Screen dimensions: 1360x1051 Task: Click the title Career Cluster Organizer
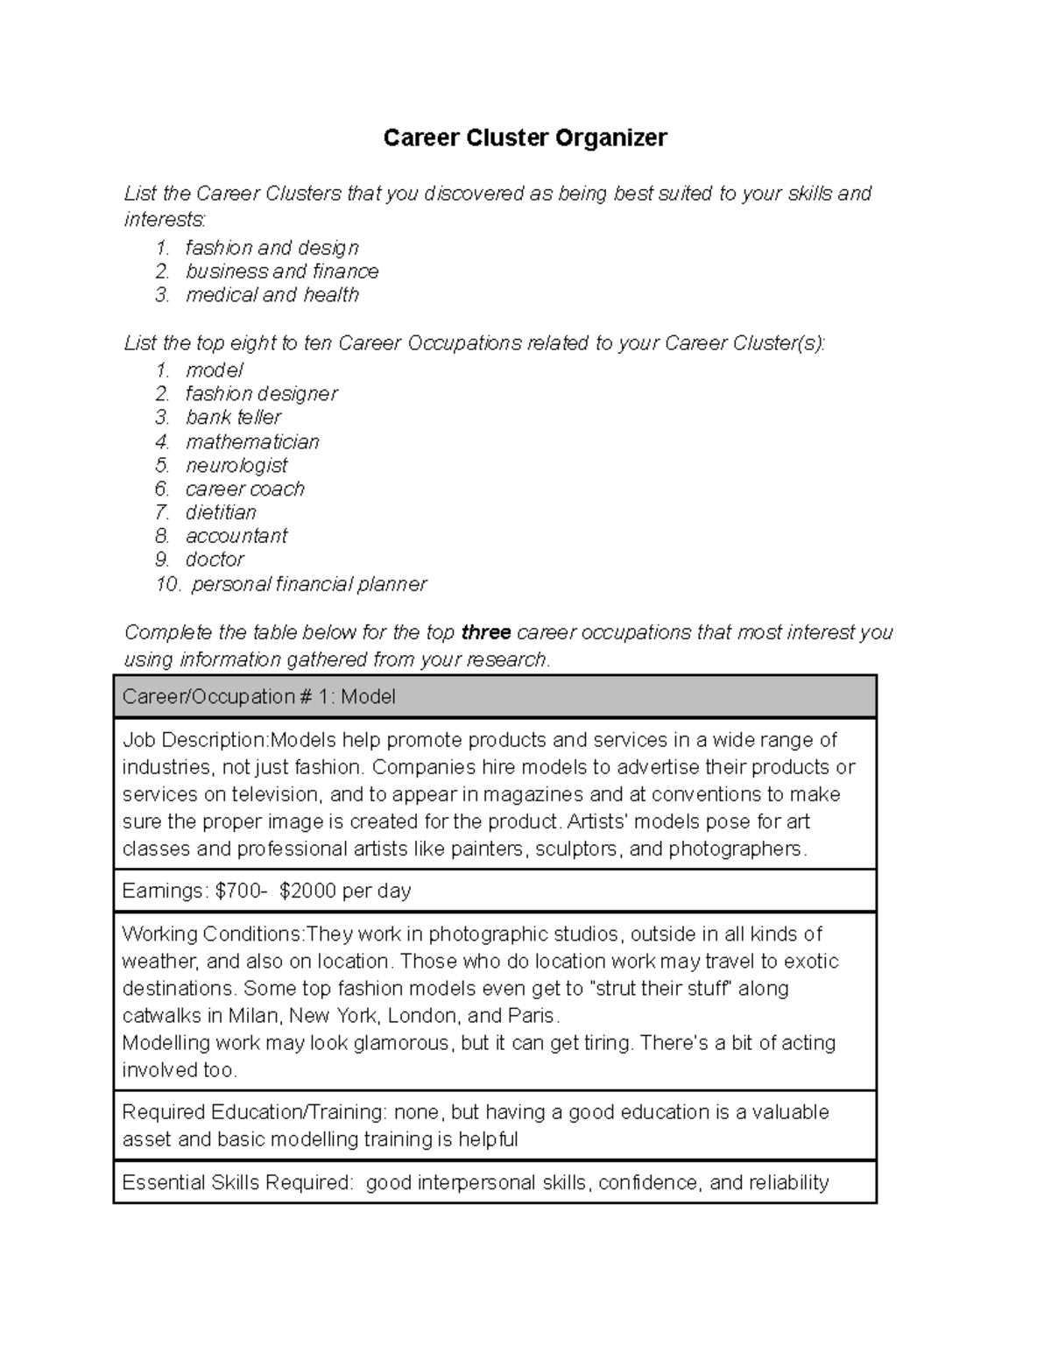[525, 137]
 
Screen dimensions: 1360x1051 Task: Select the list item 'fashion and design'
[272, 248]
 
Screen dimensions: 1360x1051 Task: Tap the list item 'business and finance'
[282, 271]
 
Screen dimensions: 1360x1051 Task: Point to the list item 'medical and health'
[272, 295]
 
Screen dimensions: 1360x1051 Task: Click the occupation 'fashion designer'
[261, 394]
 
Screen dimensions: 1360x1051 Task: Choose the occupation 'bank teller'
[233, 418]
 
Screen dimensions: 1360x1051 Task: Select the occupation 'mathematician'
[252, 441]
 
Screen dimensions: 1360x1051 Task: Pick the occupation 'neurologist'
[236, 465]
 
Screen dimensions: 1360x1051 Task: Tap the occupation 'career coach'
[245, 489]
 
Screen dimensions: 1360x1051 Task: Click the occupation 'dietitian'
[221, 512]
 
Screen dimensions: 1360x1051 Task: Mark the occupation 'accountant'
[236, 536]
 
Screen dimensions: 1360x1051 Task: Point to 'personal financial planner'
[309, 584]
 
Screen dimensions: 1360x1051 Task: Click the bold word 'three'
[486, 632]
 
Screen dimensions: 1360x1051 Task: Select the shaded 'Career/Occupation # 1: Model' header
[495, 697]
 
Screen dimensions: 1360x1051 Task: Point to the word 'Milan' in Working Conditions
[253, 1016]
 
